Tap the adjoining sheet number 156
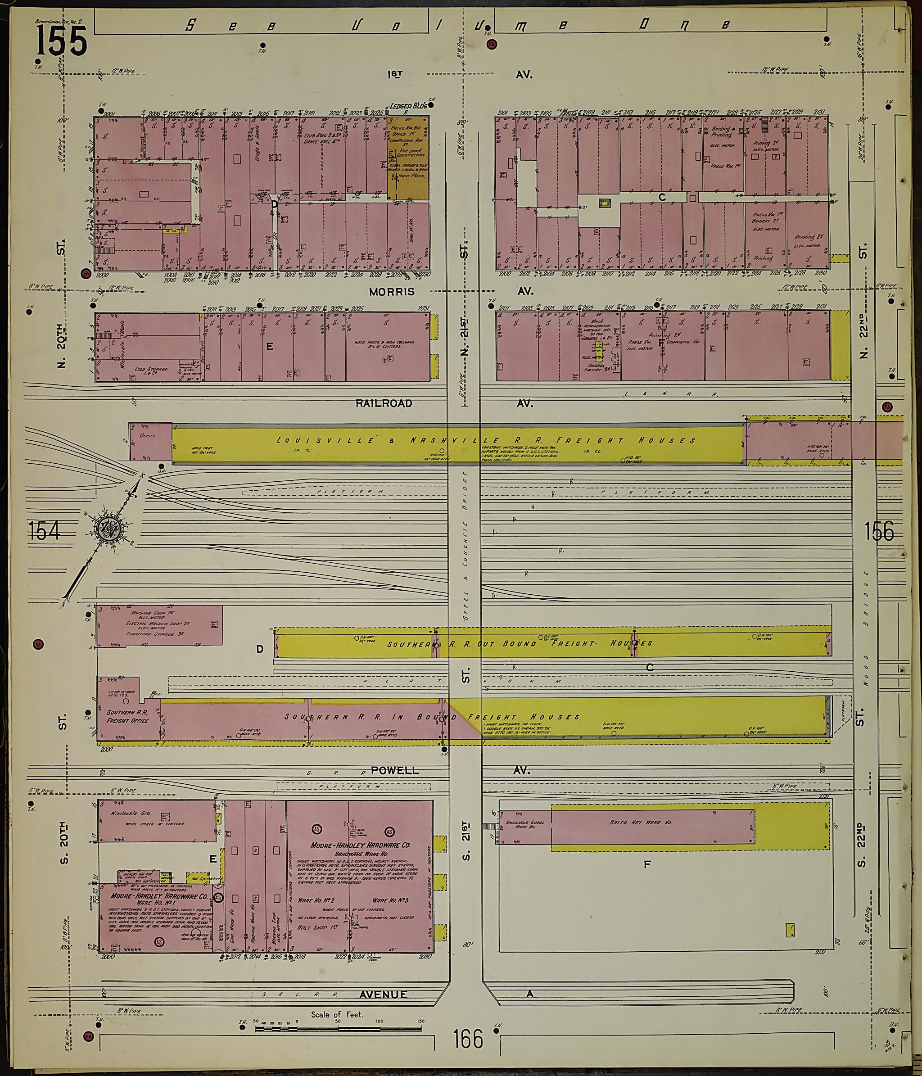[879, 531]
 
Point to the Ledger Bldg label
[408, 105]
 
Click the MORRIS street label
[392, 292]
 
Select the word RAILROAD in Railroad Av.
[384, 403]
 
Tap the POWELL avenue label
[395, 770]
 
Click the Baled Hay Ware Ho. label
[641, 823]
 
